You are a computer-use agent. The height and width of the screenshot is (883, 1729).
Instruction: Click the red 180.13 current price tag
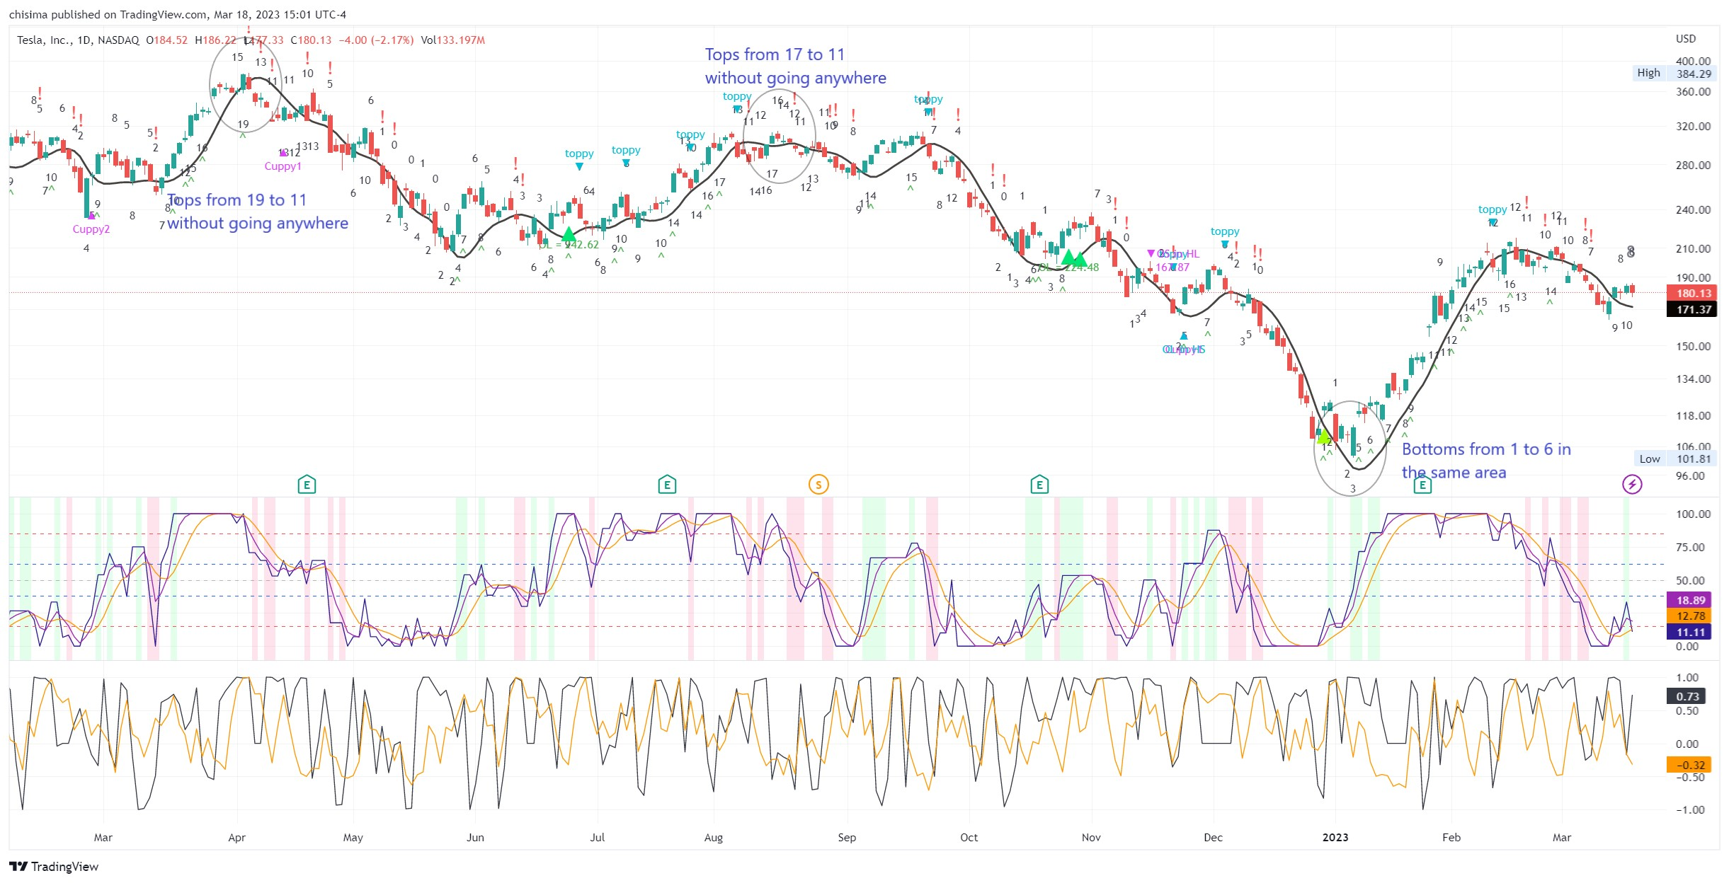click(1692, 293)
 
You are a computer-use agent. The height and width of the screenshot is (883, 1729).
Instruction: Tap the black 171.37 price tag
click(1692, 309)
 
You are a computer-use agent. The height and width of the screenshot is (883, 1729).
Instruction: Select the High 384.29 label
click(1674, 73)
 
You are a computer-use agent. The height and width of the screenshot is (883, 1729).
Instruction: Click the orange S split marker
click(818, 485)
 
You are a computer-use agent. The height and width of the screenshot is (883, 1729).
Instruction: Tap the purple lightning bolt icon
click(1632, 485)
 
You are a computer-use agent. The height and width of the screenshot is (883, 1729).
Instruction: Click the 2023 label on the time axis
click(1335, 838)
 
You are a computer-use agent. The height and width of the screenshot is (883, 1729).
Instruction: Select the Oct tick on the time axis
click(969, 838)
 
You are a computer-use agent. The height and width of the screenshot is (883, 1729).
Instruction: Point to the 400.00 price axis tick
click(1693, 61)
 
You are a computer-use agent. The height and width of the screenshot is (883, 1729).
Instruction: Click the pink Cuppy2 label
click(91, 229)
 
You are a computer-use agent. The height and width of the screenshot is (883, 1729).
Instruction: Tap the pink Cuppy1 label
click(283, 166)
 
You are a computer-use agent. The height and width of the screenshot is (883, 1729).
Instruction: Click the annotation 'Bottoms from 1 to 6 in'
click(1486, 449)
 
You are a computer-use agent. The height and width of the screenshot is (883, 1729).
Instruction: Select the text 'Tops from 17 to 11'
click(775, 54)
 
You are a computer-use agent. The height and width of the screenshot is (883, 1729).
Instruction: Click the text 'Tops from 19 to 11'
click(237, 200)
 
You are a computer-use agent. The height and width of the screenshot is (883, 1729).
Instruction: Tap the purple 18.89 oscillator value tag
click(1690, 600)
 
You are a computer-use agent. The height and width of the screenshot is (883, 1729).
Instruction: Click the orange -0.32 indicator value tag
click(1690, 765)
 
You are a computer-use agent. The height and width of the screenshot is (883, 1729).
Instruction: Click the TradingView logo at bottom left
click(54, 867)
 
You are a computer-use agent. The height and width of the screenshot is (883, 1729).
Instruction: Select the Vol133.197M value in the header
click(452, 40)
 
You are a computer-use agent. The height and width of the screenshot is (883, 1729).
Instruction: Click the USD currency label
click(1686, 39)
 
